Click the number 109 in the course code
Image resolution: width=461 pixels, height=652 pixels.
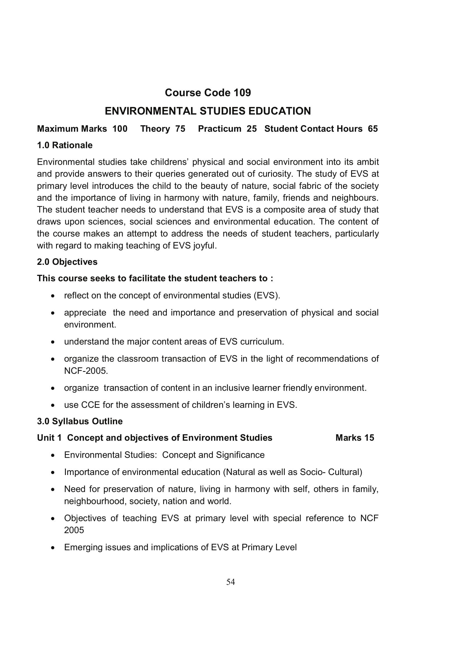coord(242,93)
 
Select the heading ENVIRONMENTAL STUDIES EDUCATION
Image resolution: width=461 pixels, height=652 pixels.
coord(208,111)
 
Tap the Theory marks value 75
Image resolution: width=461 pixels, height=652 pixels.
coord(180,129)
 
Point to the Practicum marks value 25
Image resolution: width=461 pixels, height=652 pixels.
coord(251,129)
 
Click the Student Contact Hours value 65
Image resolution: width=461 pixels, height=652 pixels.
coord(373,129)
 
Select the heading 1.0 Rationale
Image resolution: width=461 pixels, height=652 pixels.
coord(65,146)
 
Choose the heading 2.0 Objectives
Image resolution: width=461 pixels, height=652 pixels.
coord(67,262)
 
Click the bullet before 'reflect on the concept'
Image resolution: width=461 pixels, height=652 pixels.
coord(52,296)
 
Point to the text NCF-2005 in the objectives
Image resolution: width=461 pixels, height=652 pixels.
coord(86,371)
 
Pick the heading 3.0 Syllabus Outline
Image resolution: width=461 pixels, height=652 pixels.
coord(80,421)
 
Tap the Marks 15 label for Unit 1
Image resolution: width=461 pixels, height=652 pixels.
coord(355,438)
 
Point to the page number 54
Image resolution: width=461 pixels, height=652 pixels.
coord(230,582)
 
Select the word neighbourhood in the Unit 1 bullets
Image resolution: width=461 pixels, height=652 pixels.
coord(95,501)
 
